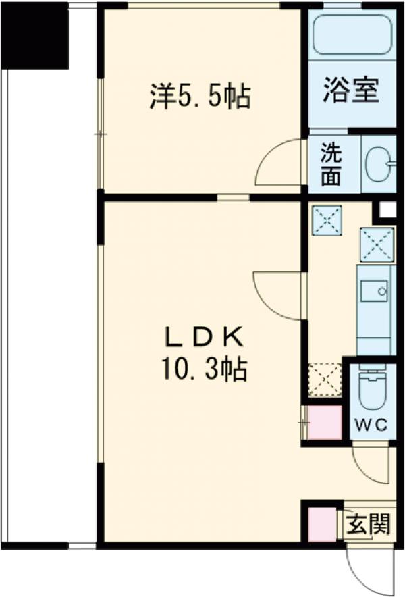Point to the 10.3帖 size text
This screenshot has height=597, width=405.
point(205,369)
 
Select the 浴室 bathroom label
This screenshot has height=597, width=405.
point(351,90)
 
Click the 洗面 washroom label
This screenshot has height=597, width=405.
point(331,164)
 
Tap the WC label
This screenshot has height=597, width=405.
point(371,425)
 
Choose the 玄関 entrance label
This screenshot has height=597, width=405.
point(369,524)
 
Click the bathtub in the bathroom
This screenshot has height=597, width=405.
point(352,34)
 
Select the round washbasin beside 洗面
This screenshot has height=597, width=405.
point(378,164)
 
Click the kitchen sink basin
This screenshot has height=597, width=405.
point(374,291)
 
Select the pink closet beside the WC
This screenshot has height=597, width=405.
point(324,423)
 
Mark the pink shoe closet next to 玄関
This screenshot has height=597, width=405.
point(323,524)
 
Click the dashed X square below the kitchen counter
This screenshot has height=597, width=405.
point(325,380)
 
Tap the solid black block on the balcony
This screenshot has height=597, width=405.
point(35,37)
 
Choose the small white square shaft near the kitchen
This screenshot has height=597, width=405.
point(388,210)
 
